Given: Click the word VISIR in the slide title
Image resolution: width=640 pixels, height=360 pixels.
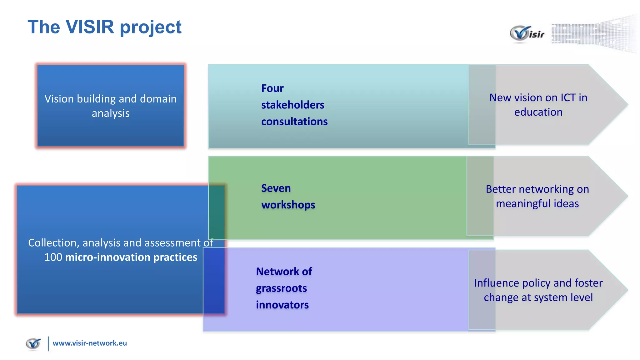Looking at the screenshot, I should pos(90,27).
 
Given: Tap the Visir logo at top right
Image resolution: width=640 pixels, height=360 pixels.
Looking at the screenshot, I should pos(527,33).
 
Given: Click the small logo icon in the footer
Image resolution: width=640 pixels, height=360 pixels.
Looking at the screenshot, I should pos(33,344).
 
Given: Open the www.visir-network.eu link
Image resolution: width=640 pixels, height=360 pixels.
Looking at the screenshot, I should pos(90,343).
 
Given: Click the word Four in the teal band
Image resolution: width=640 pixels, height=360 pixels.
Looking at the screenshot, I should pos(272,88).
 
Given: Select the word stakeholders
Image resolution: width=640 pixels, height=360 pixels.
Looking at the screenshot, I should pos(292,105).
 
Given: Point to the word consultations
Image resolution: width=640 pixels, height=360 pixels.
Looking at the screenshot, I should pos(294,122).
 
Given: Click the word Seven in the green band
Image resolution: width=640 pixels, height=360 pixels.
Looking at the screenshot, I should pos(276,188).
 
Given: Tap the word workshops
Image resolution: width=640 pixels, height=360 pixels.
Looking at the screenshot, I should pos(288,205).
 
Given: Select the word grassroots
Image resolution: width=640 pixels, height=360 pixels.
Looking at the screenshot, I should pos(281,288).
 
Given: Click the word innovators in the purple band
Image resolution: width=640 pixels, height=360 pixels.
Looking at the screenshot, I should pos(282,305).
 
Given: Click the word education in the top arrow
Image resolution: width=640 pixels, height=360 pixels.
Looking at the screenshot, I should pos(538,112).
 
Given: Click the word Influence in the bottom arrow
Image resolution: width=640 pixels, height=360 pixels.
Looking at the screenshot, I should pos(496,283).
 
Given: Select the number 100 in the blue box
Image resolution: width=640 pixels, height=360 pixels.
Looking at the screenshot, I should pos(53,257).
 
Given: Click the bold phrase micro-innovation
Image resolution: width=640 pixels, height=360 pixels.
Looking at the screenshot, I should pos(108,257).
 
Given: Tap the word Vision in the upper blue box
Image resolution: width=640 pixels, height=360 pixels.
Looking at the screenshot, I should pos(59,99).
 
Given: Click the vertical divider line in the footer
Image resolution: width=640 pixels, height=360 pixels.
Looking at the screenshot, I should pos(48,344).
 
